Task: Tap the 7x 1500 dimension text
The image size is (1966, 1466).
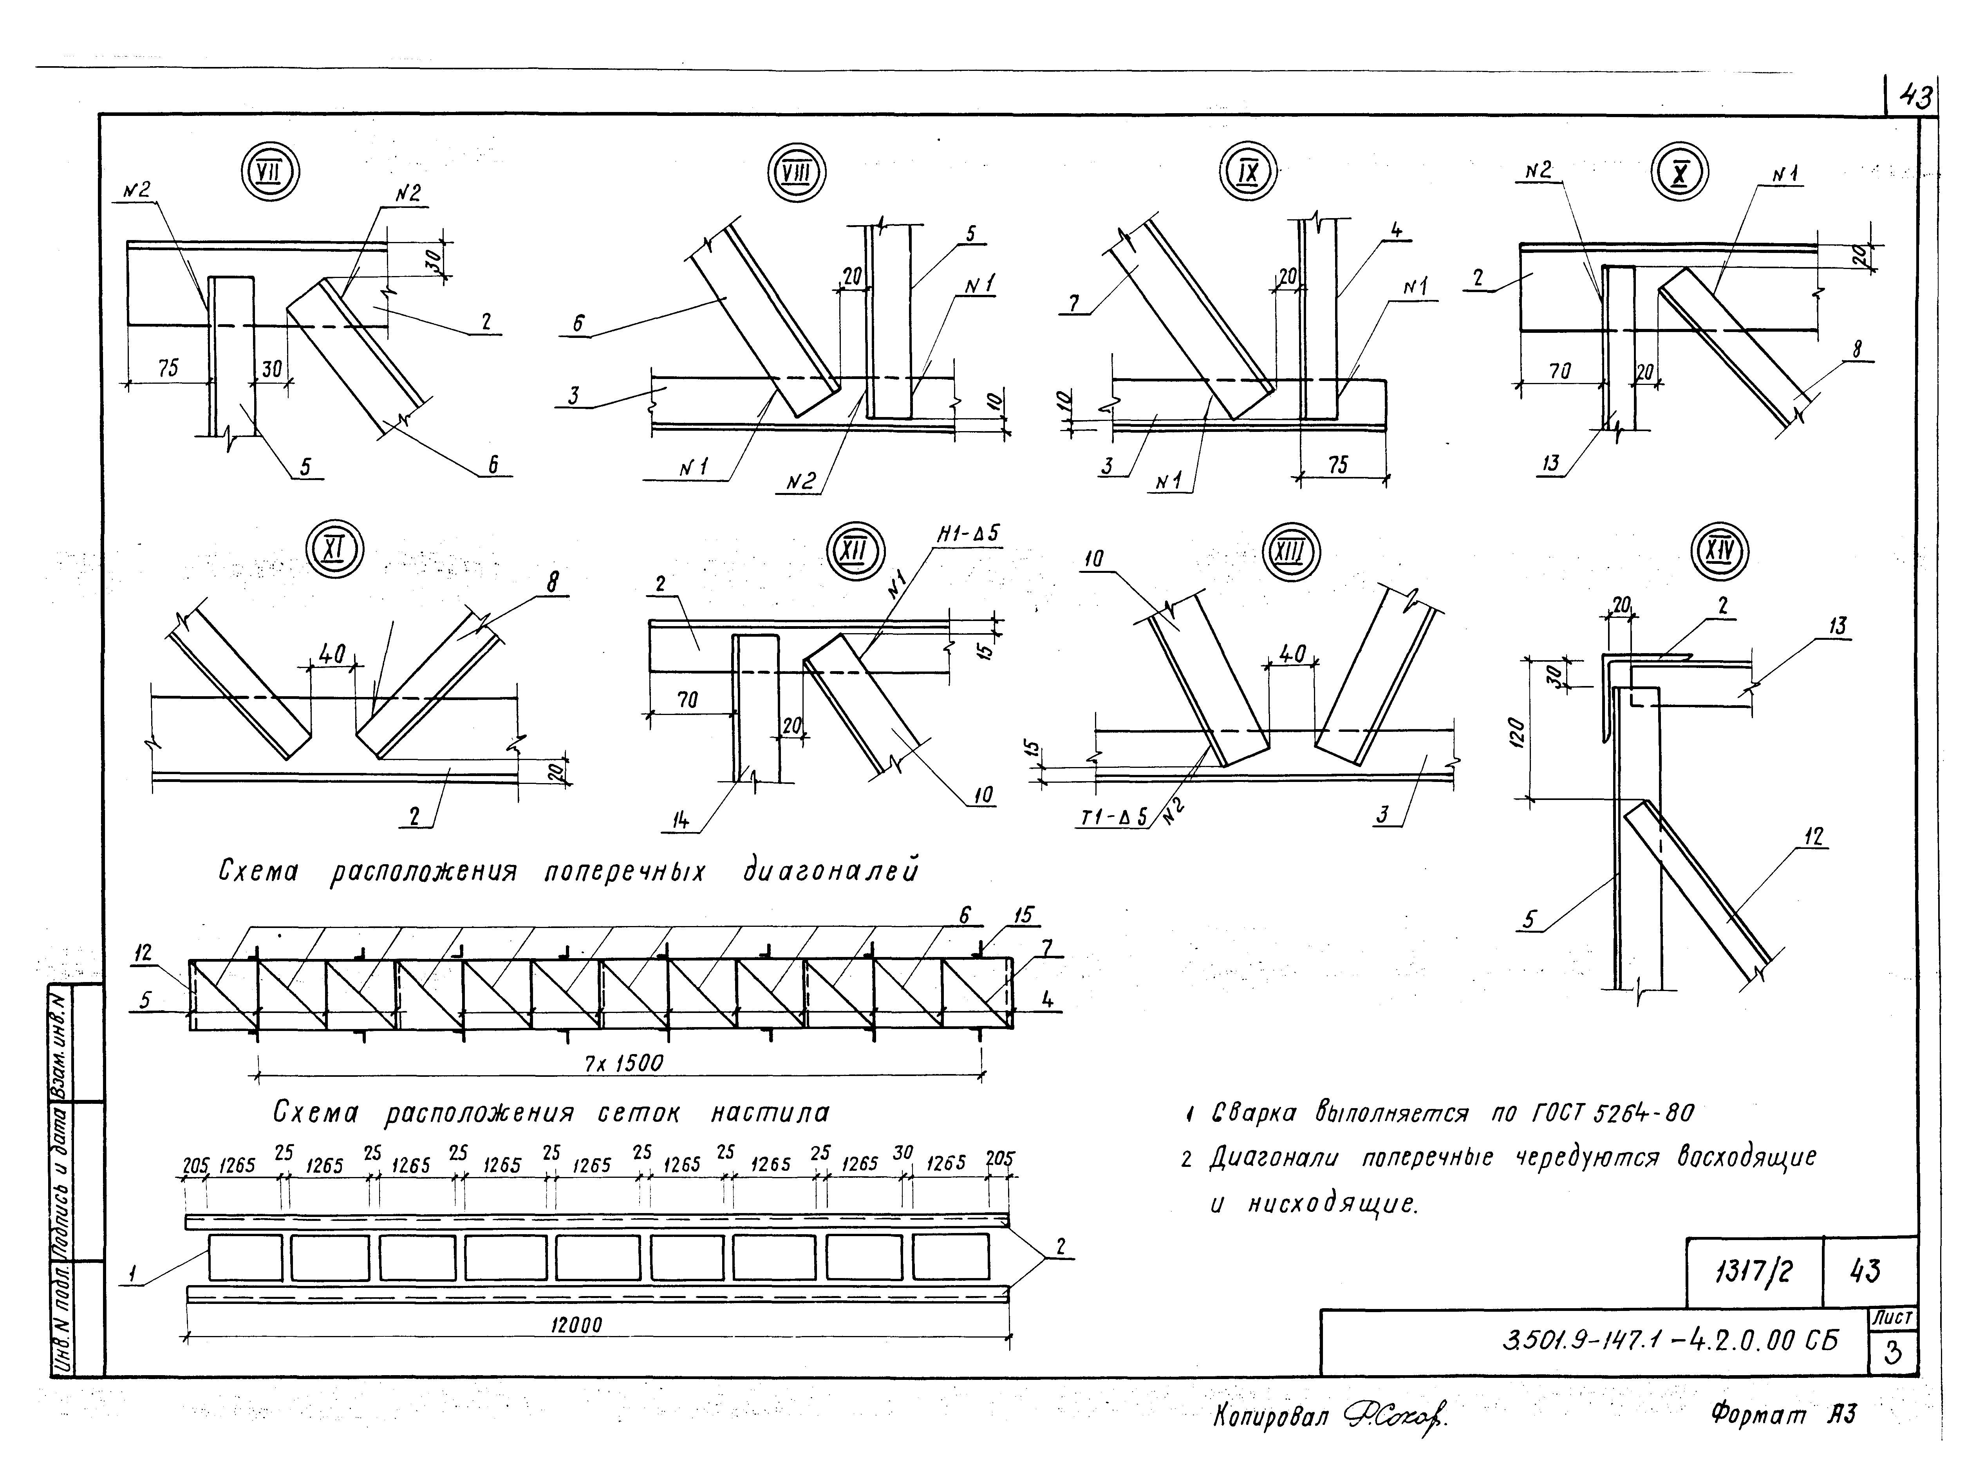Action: [x=623, y=1063]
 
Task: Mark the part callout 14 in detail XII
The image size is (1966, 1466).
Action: [x=680, y=821]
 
